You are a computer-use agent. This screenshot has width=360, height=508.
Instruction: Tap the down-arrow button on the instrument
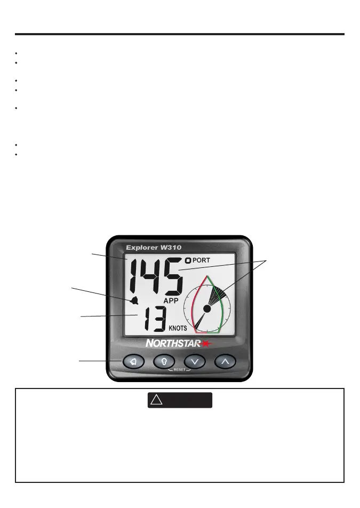point(195,361)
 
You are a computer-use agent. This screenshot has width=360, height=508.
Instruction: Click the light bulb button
point(164,361)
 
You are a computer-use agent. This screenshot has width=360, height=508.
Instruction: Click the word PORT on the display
point(201,260)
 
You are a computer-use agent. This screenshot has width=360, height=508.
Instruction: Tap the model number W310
point(180,247)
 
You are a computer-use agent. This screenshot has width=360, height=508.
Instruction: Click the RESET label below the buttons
point(179,369)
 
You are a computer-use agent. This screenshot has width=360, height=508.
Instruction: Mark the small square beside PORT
point(188,260)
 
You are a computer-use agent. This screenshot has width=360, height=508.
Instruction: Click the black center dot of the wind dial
point(207,308)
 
